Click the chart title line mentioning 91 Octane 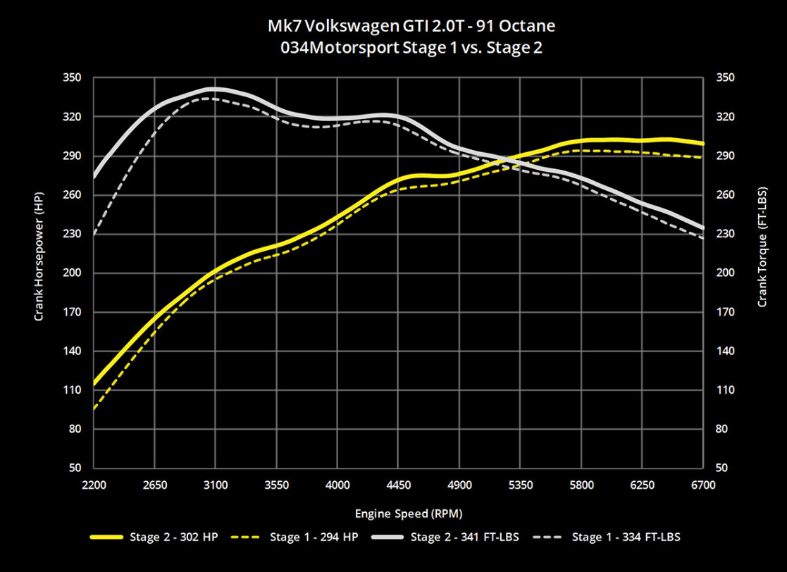393,27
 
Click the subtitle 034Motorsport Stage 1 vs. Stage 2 393,48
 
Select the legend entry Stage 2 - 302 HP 173,537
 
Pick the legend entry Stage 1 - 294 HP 314,537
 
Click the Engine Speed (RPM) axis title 399,513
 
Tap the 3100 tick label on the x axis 216,485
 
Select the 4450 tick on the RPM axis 399,485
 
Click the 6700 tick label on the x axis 703,485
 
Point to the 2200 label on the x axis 94,485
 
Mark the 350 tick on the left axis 73,77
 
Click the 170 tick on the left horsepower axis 73,312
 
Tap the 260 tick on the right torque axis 725,194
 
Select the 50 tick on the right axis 722,468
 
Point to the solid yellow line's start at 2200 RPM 94,385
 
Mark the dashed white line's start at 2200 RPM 94,234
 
